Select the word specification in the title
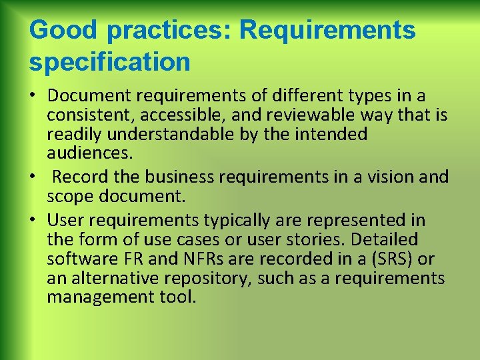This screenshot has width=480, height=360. click(110, 62)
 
